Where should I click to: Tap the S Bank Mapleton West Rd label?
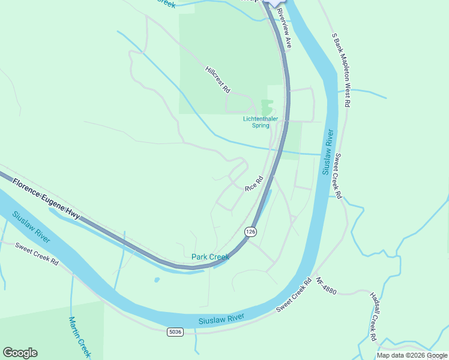point(340,70)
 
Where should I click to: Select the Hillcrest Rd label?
point(218,79)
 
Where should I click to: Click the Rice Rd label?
point(254,184)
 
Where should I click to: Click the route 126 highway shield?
point(250,232)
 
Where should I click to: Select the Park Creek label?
point(210,257)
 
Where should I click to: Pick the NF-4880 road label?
point(327,287)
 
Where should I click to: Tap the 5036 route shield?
point(175,331)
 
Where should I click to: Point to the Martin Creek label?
point(79,338)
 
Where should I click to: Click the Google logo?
point(20,353)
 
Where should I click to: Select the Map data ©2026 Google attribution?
point(411,355)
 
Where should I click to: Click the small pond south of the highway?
point(157,280)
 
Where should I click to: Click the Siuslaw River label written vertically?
point(328,152)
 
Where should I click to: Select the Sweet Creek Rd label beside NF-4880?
point(294,295)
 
